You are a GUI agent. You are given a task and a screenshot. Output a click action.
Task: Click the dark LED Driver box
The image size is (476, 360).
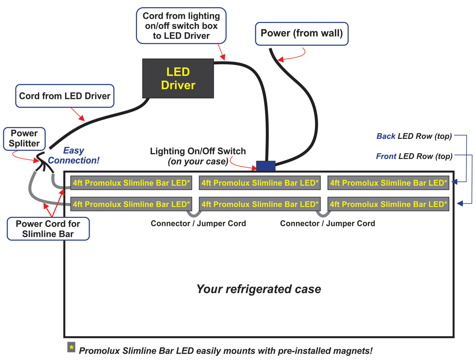coord(178,79)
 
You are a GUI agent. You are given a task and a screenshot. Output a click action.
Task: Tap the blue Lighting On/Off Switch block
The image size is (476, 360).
coord(266,166)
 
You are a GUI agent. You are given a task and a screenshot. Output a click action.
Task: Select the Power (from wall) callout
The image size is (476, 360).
coord(301,33)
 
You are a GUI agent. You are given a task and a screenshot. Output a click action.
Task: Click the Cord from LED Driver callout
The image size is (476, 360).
coord(65,96)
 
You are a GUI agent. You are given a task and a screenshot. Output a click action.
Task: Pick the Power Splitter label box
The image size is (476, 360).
coord(24,139)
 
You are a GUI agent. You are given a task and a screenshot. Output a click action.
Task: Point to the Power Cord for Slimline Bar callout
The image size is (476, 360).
coord(48,229)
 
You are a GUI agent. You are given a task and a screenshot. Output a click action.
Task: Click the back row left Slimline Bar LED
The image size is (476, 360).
coord(131,183)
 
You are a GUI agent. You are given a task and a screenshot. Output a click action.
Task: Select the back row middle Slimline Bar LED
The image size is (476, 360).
coord(260,183)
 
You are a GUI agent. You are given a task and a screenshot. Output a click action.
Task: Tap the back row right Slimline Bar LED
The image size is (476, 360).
coord(388,183)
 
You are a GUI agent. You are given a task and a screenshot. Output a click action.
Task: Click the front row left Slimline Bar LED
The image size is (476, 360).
coord(131,204)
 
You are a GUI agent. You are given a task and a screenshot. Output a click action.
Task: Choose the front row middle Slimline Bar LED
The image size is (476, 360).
coord(260,204)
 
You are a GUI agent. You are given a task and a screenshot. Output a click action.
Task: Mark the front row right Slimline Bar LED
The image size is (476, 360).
coord(388,204)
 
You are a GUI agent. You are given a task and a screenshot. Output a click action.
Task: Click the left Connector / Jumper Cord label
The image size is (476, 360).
coord(198,223)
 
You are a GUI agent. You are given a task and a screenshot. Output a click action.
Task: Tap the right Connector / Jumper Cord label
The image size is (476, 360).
coord(327,223)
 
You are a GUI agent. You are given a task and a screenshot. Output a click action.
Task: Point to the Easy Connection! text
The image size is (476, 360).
coord(74,156)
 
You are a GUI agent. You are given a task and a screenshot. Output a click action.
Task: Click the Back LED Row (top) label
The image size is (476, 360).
coord(414,136)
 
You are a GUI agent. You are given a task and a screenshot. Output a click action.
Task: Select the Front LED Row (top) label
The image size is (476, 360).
coord(414,156)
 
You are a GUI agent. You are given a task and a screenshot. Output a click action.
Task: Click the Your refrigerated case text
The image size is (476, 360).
coord(259,289)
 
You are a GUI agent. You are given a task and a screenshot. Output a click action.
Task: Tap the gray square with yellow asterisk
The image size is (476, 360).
coord(71,347)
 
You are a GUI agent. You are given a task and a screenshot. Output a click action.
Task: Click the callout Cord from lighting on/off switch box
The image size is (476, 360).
coord(181,26)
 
